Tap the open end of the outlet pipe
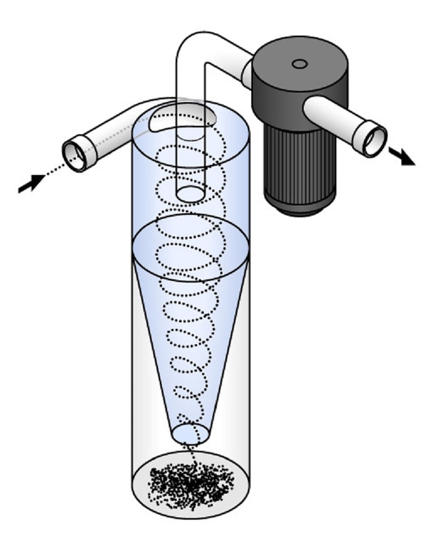pos(374,141)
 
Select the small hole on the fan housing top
pos(300,64)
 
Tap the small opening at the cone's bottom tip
pos(190,433)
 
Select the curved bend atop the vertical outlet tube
pos(195,45)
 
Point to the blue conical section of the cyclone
pos(190,339)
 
